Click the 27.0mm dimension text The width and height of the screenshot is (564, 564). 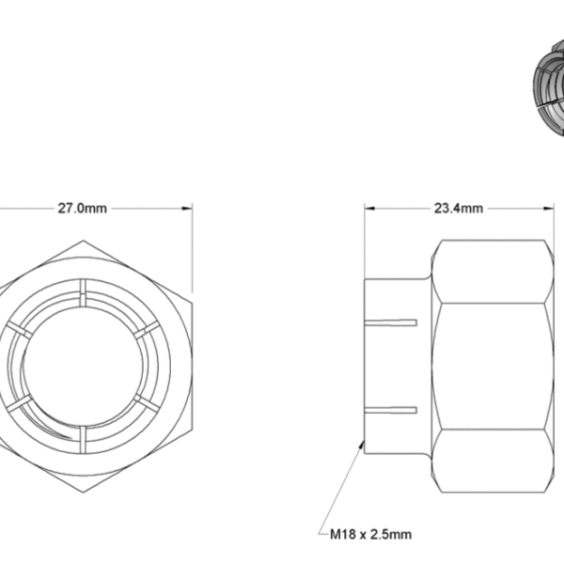pos(83,209)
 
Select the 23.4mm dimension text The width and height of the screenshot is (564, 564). pos(458,209)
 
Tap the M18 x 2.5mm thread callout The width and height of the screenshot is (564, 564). pos(370,535)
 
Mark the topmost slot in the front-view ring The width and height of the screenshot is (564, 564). pos(83,290)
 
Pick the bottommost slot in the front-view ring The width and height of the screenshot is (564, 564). pos(83,438)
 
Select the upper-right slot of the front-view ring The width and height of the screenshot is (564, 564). pos(143,330)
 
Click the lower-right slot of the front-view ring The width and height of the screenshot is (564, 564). pos(143,401)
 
